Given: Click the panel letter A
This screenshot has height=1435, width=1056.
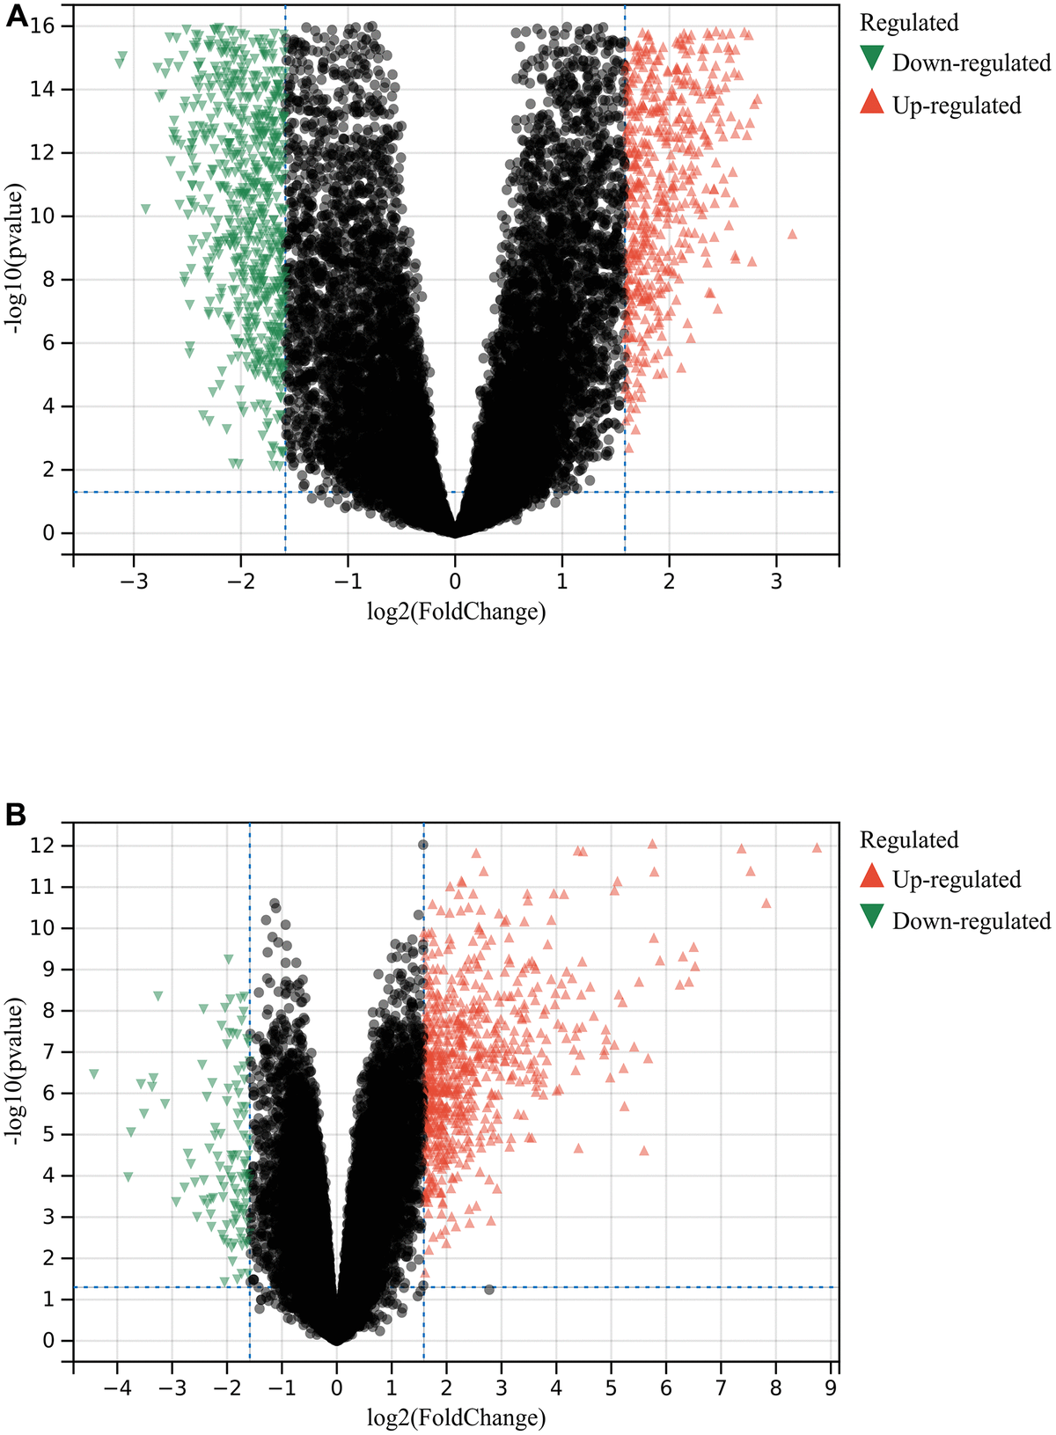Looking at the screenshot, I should point(18,18).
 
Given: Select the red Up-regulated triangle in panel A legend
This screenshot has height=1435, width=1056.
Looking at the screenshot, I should point(872,102).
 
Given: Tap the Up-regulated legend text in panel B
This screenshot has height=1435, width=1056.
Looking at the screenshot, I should point(956,879).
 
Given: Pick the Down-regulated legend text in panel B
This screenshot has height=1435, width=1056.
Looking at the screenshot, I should point(971,920).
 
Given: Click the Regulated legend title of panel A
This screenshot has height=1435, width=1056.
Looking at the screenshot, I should point(909,23).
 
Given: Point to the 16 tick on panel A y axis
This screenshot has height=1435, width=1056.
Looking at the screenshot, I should point(43,26).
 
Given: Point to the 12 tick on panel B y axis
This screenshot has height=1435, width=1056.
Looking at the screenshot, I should point(43,846).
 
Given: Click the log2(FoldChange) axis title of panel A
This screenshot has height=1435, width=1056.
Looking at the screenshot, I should point(456,611).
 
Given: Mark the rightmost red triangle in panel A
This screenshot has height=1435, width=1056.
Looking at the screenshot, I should point(792,233).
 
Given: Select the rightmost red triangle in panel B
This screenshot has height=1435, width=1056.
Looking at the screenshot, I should point(817,847).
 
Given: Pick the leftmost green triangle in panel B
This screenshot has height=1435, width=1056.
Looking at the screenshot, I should point(94,1073).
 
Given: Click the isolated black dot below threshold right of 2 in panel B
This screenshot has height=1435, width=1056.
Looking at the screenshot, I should point(489,1289).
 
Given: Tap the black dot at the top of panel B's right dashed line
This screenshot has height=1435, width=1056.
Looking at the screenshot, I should point(423,845).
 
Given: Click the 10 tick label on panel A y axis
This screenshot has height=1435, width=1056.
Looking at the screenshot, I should point(43,216).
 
